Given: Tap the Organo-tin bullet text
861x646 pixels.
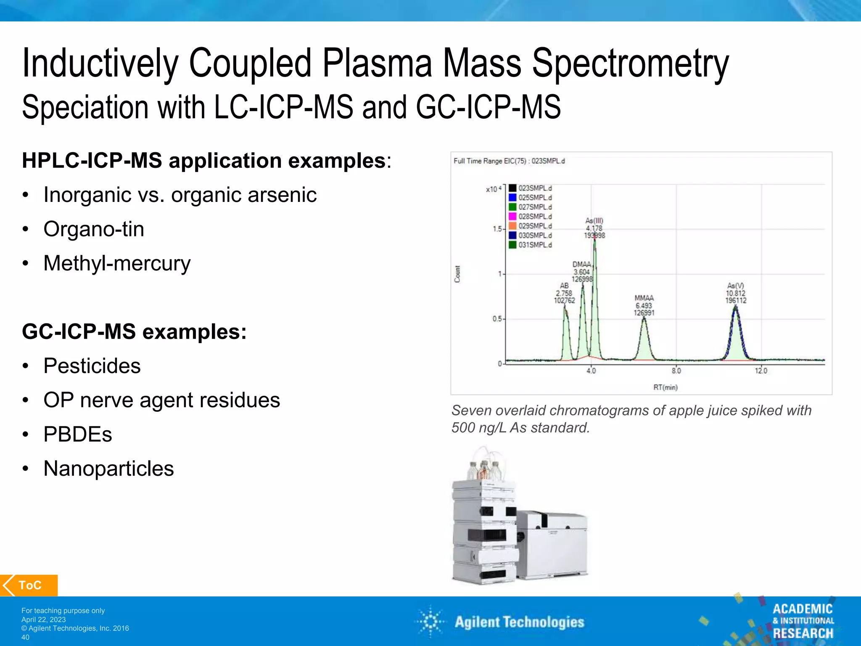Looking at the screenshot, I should pyautogui.click(x=94, y=229).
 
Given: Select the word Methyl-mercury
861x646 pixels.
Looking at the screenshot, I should pyautogui.click(x=117, y=264).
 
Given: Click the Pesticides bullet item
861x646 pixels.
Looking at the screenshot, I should pyautogui.click(x=92, y=366).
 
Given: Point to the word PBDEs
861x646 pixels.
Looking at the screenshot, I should pyautogui.click(x=78, y=434).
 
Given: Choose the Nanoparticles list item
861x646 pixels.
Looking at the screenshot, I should pyautogui.click(x=108, y=469).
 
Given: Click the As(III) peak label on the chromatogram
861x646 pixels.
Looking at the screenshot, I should pyautogui.click(x=594, y=221).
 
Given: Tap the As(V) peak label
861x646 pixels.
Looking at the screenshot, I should pyautogui.click(x=735, y=286).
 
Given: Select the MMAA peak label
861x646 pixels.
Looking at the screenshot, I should pyautogui.click(x=644, y=298).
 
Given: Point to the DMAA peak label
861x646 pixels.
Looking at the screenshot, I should pyautogui.click(x=581, y=265).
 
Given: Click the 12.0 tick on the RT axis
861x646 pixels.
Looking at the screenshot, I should pyautogui.click(x=761, y=371).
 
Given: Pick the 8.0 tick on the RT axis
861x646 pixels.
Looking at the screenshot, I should pyautogui.click(x=676, y=371).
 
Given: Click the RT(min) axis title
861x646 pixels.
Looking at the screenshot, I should pyautogui.click(x=665, y=387).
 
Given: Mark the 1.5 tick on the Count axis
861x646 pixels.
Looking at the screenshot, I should pyautogui.click(x=497, y=229).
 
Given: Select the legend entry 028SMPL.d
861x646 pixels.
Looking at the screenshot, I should pyautogui.click(x=530, y=217).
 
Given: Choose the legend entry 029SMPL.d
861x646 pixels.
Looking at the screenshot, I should pyautogui.click(x=530, y=226).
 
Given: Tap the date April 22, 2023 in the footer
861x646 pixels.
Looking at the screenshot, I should pyautogui.click(x=44, y=620).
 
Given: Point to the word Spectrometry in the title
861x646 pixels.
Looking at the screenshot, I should pyautogui.click(x=630, y=63).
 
